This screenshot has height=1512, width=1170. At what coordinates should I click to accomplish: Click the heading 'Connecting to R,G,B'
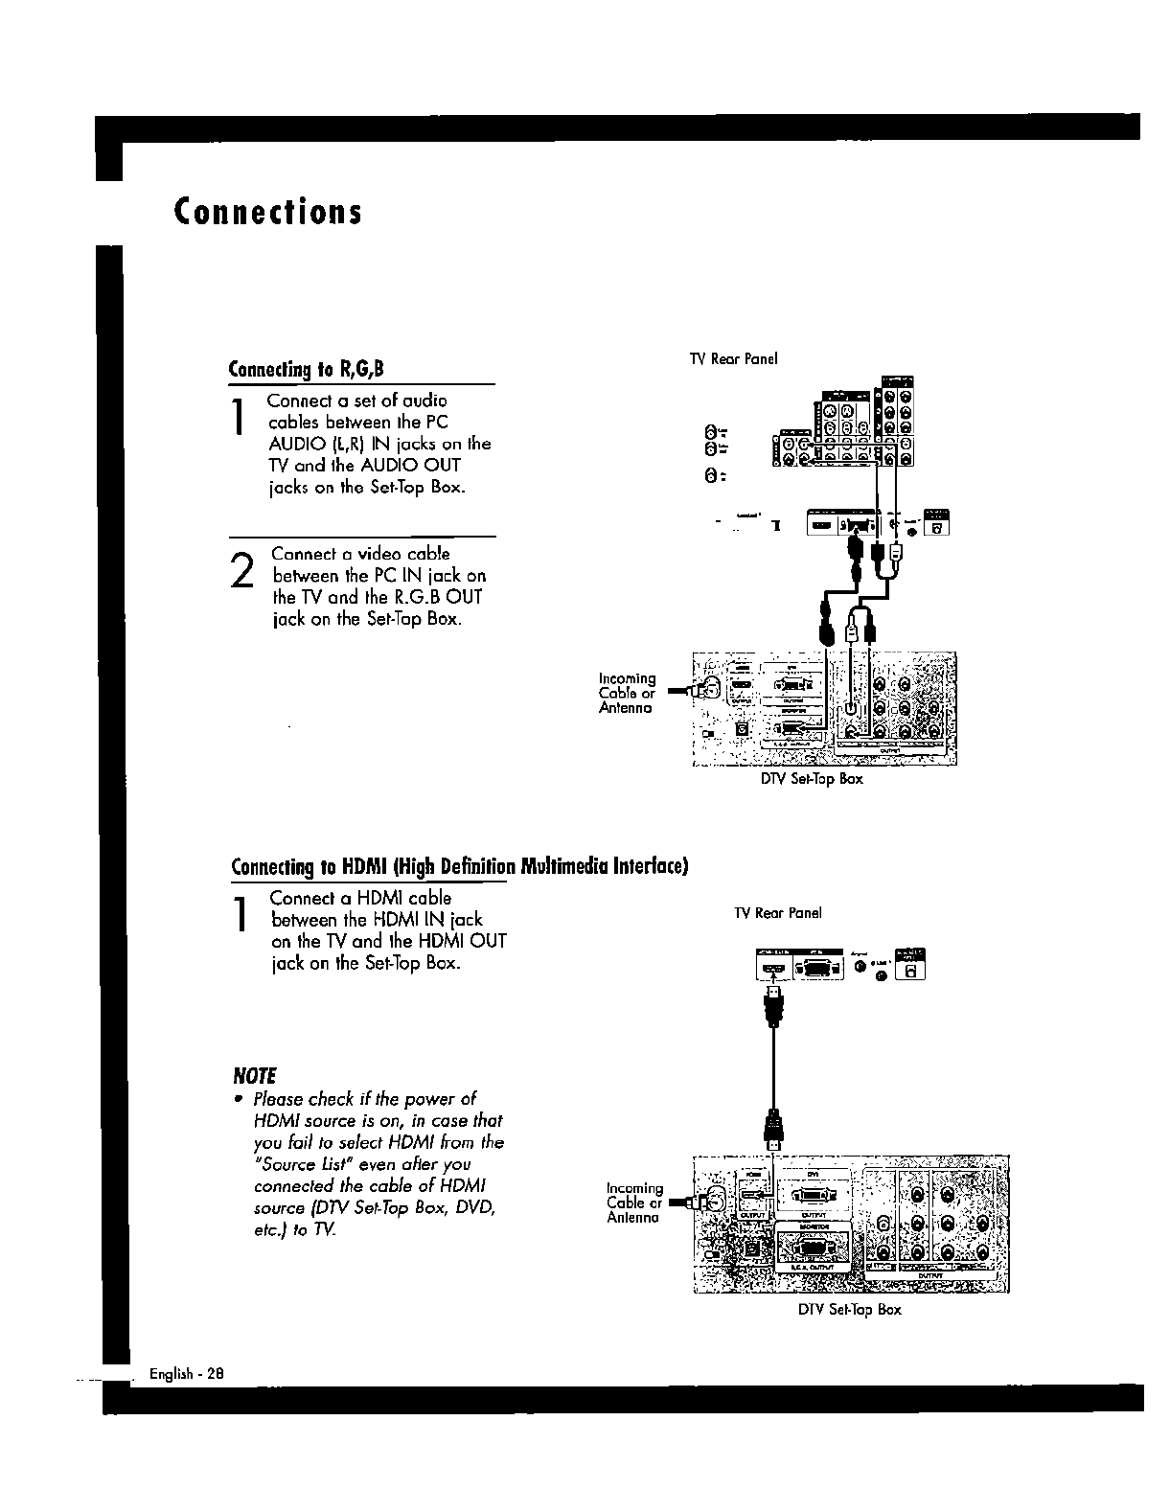click(x=307, y=370)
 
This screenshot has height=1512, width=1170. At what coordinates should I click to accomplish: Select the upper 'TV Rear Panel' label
click(x=733, y=358)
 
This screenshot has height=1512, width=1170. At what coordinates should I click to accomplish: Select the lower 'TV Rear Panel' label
click(x=777, y=913)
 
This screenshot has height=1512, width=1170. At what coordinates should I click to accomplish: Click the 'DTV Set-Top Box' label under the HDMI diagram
click(x=849, y=1309)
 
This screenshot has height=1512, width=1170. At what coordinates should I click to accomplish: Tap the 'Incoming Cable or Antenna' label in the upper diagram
click(x=628, y=693)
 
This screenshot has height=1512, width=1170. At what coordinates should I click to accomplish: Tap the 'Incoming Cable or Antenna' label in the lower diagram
click(x=634, y=1203)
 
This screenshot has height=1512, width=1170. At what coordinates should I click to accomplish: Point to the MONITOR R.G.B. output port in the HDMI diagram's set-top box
click(x=813, y=1249)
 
